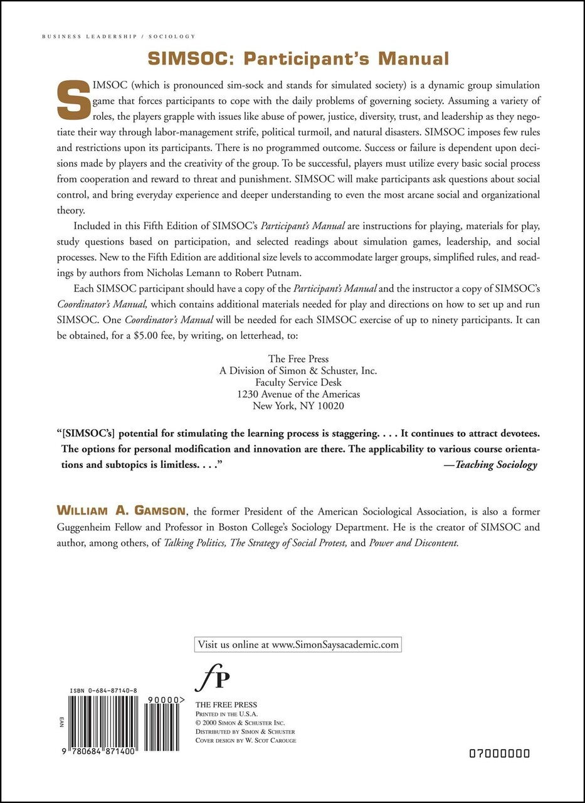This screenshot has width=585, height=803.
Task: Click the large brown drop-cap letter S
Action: (73, 100)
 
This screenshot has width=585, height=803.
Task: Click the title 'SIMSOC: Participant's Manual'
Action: (298, 59)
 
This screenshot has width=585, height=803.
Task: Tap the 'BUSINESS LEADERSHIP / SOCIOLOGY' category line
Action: (119, 37)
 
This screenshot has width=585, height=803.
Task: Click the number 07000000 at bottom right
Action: (499, 753)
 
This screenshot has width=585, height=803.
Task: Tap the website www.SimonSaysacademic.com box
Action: (298, 644)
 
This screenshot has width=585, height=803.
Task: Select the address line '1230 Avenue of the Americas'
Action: (298, 394)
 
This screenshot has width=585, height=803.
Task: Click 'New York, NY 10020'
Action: (298, 405)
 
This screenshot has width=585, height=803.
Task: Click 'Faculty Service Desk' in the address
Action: (298, 382)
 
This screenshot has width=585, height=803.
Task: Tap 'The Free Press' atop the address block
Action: (298, 359)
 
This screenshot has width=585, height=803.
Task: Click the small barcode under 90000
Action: (164, 718)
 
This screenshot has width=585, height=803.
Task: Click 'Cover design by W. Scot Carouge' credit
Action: (246, 740)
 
